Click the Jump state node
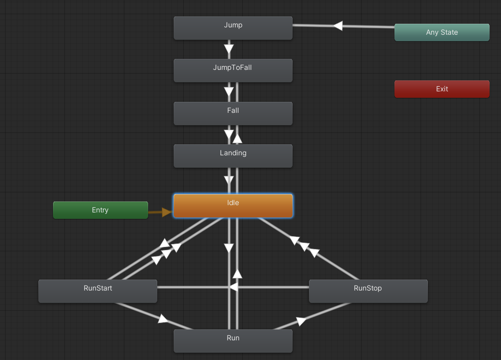233,28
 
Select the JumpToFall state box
233,70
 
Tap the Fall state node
233,113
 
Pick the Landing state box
233,156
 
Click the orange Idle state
233,206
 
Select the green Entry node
100,210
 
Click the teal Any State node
442,32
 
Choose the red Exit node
442,89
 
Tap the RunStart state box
98,291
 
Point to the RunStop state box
368,291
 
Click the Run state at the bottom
233,341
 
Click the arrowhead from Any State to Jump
338,26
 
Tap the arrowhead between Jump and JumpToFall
229,48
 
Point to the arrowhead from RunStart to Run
163,318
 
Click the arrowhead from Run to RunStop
301,321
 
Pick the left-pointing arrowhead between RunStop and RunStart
233,287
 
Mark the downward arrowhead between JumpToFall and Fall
229,91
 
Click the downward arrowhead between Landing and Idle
229,180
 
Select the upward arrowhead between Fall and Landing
237,138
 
